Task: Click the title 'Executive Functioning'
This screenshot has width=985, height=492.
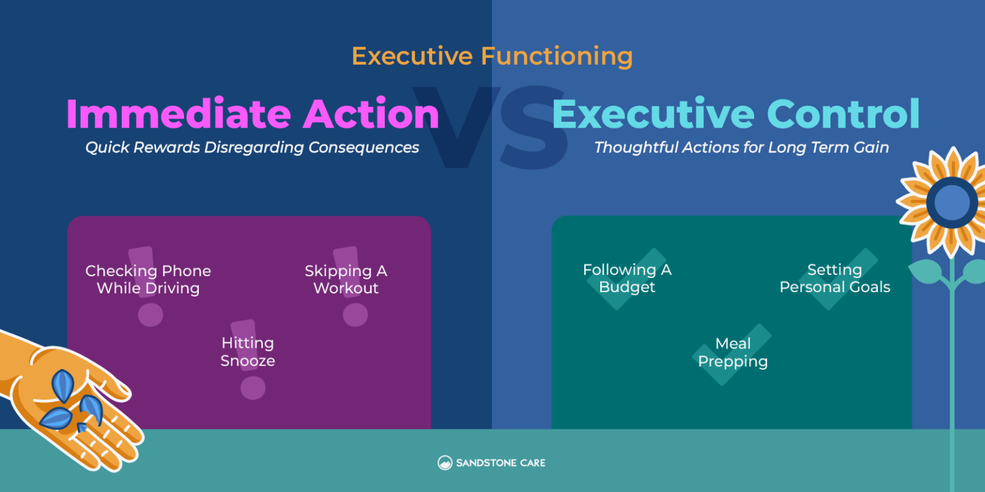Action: click(x=492, y=56)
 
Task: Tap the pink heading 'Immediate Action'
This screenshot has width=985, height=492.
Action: click(x=252, y=114)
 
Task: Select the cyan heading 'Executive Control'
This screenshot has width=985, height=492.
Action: click(x=736, y=114)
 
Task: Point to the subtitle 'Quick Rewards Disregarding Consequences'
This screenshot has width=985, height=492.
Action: click(x=252, y=147)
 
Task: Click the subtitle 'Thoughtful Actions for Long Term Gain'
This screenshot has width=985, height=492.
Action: click(x=741, y=147)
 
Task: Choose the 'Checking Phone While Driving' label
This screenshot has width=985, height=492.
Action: click(x=148, y=279)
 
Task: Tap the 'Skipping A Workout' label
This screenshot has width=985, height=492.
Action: click(x=346, y=279)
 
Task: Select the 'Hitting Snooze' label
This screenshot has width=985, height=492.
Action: click(x=248, y=352)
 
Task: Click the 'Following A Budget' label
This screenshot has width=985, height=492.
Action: click(x=627, y=278)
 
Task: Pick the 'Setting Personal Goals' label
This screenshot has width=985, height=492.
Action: click(x=834, y=278)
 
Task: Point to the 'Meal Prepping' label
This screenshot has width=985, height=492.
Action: click(x=732, y=352)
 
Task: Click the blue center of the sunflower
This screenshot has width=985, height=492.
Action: click(x=952, y=203)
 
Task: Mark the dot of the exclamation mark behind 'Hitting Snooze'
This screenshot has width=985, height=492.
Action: click(x=252, y=388)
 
